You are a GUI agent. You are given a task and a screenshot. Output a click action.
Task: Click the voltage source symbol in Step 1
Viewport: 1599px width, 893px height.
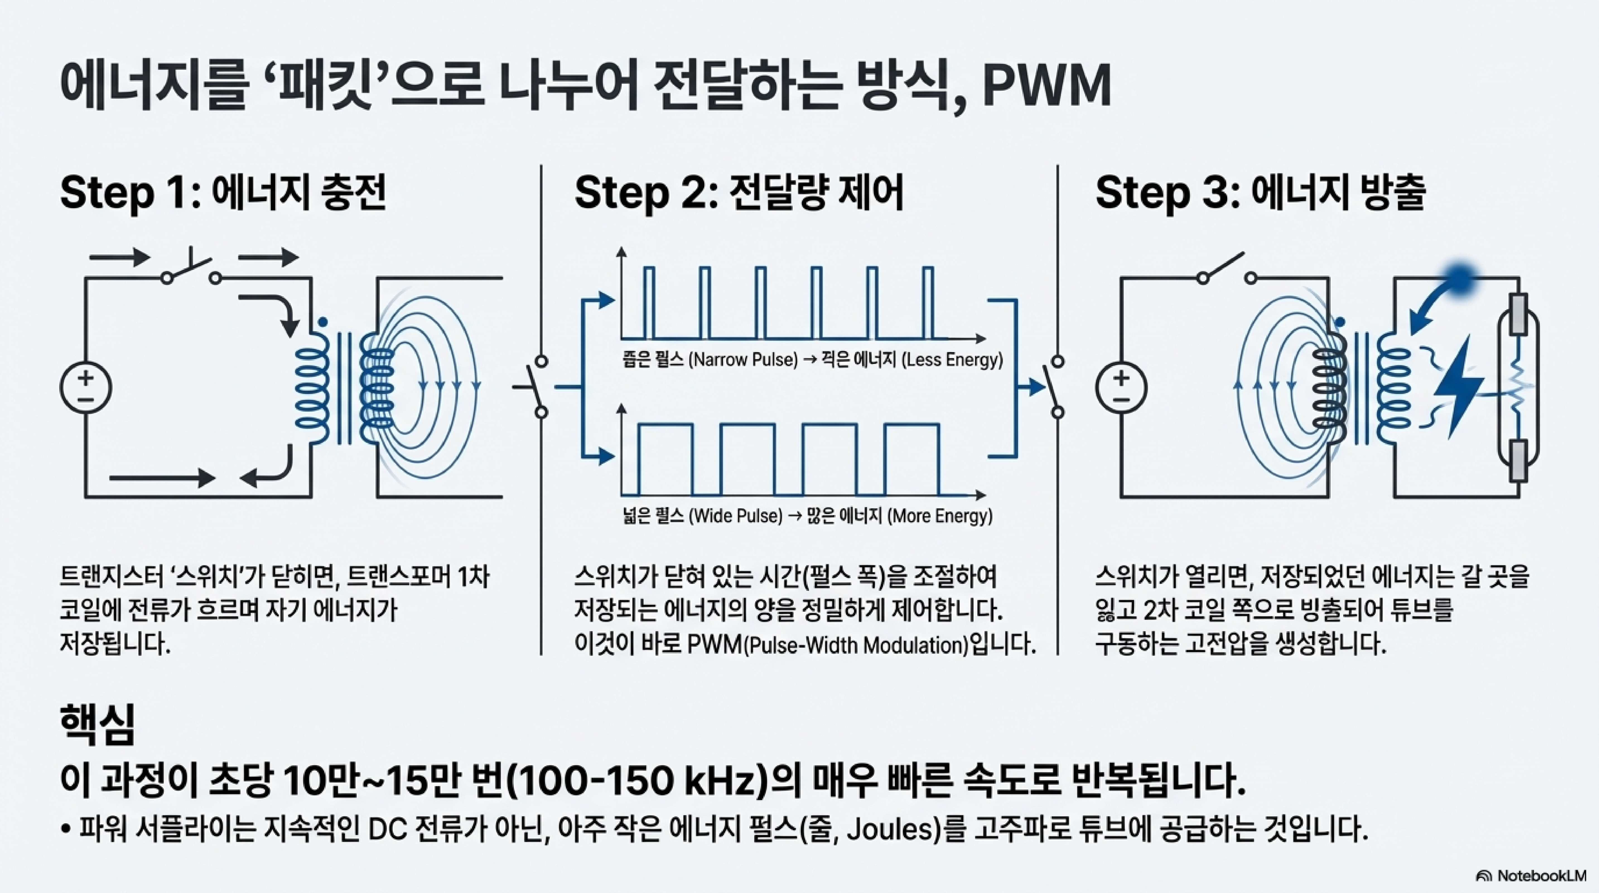(86, 388)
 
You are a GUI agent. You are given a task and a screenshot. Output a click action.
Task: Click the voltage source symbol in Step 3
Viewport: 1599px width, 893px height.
(1121, 388)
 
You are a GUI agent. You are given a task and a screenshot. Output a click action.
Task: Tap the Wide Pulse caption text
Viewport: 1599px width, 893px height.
(735, 516)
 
